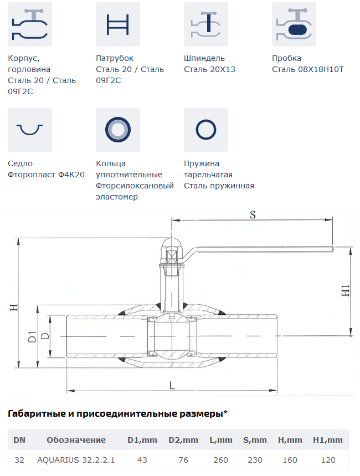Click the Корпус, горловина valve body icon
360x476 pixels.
[x=30, y=24]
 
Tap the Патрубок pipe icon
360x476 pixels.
[x=118, y=24]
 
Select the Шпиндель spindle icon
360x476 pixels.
[x=206, y=24]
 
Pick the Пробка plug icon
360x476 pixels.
[x=294, y=24]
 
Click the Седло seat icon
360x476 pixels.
[x=30, y=130]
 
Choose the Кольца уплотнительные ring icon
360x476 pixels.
[x=118, y=130]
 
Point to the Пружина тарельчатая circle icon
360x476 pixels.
[x=206, y=130]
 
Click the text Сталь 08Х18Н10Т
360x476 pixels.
[x=308, y=69]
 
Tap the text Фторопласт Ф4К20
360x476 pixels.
[x=46, y=175]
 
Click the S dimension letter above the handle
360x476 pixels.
[x=253, y=215]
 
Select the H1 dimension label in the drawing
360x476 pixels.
[x=346, y=290]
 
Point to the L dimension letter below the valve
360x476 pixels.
[x=172, y=386]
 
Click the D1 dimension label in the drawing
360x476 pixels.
[x=32, y=337]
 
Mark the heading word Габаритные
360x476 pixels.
[x=37, y=414]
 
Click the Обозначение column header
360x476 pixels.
[x=76, y=440]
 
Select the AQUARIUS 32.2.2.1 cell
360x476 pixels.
[x=76, y=460]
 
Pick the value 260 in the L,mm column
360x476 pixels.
[x=220, y=460]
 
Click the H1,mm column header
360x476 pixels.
[x=328, y=440]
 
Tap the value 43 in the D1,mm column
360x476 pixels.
[x=142, y=460]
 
